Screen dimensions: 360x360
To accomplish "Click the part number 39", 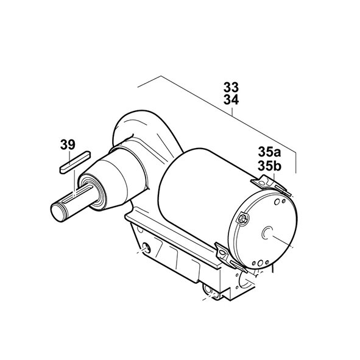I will click(x=68, y=145).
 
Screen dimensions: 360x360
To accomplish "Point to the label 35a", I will click(x=269, y=152).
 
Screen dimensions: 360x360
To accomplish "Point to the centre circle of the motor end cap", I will click(x=266, y=233).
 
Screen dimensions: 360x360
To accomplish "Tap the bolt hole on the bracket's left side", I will click(x=145, y=248).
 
